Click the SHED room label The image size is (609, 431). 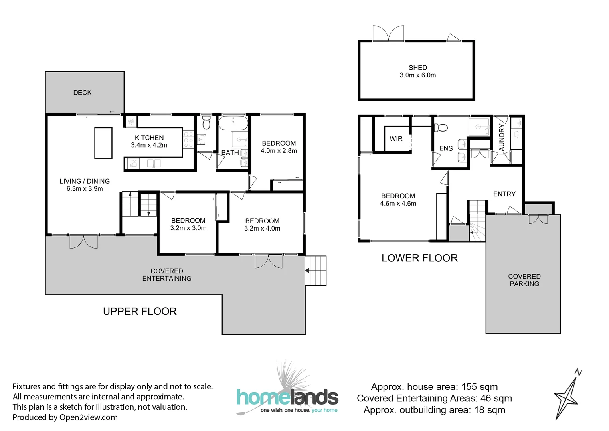417,67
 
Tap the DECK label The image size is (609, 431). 82,93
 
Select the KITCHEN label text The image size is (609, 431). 149,138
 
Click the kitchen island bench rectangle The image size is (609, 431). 103,143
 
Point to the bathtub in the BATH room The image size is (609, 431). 233,123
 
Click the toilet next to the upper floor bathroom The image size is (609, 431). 206,123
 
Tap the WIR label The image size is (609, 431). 396,139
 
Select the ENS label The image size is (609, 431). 446,148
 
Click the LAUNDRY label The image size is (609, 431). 502,139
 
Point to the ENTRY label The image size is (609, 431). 504,194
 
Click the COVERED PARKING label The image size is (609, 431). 524,280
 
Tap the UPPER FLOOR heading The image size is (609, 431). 140,311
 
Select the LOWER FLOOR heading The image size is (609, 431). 419,258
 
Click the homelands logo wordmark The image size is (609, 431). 288,397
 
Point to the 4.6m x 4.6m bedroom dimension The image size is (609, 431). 398,204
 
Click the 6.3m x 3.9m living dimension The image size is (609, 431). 85,189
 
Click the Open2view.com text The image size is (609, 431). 88,417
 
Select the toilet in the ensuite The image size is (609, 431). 441,127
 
